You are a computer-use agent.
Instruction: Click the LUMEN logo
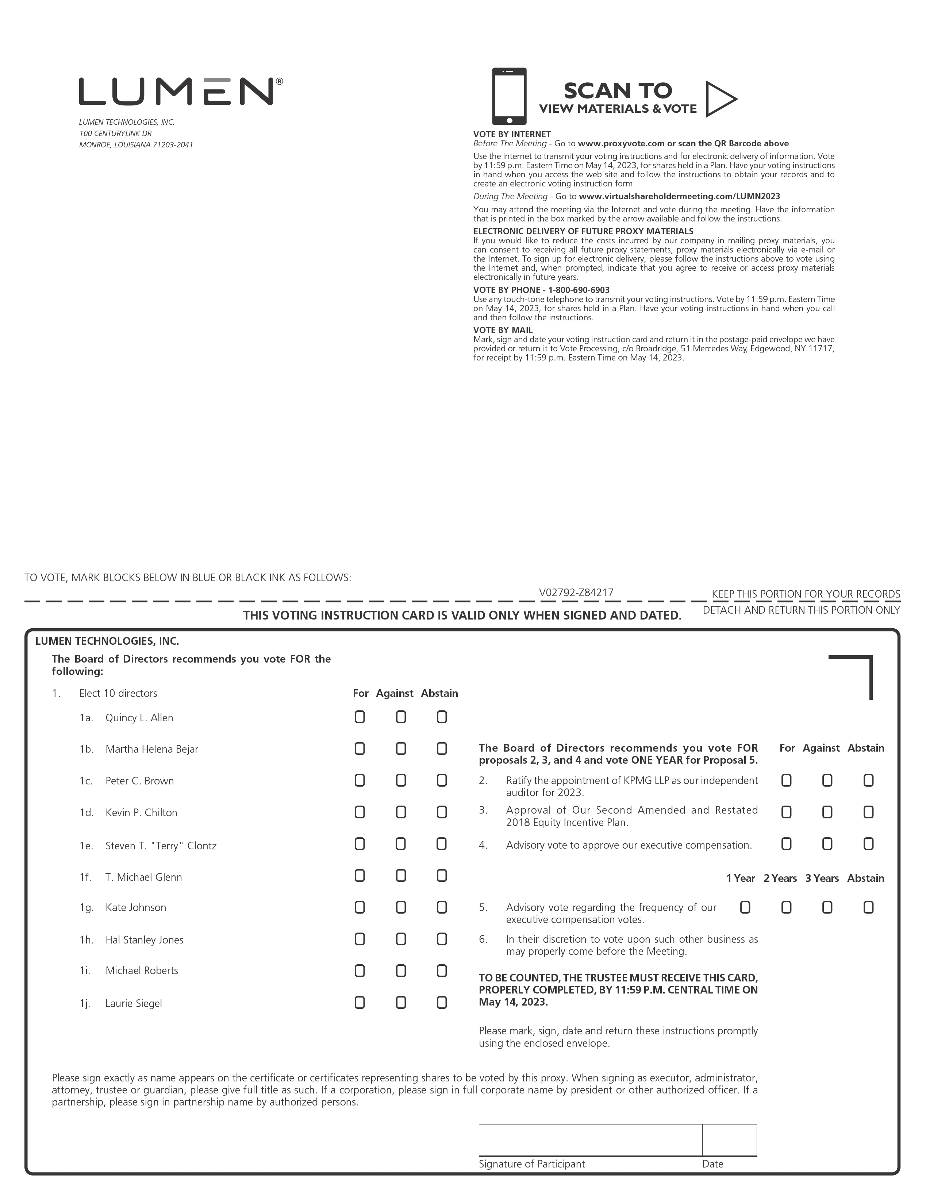[x=180, y=91]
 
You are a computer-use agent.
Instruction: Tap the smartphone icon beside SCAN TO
[x=509, y=96]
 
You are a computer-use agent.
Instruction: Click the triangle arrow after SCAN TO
[x=720, y=99]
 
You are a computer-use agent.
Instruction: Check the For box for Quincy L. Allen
[x=360, y=717]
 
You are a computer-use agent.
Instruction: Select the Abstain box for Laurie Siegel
[x=441, y=1003]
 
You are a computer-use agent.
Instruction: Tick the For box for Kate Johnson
[x=360, y=907]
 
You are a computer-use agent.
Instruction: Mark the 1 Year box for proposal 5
[x=745, y=907]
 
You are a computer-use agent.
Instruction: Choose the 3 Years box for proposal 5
[x=827, y=907]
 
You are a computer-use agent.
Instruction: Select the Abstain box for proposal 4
[x=868, y=844]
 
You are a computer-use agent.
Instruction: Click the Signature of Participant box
[x=590, y=1140]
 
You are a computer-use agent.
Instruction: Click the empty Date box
[x=729, y=1140]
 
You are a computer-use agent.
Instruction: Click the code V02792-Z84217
[x=576, y=592]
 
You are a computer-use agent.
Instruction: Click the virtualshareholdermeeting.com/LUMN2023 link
[x=679, y=197]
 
